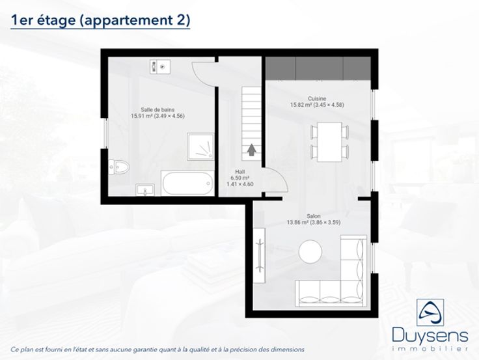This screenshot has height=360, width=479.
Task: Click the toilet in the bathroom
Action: click(119, 167)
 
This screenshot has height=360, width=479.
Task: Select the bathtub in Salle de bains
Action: click(187, 184)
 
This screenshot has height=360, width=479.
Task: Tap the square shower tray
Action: click(200, 146)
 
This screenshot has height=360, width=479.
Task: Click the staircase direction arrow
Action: click(251, 150)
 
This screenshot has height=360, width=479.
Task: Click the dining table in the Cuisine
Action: click(329, 142)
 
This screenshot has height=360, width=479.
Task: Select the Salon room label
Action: click(314, 216)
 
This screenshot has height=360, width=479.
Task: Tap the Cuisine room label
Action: click(317, 98)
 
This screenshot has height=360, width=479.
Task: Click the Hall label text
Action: click(239, 172)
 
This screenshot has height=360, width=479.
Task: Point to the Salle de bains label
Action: click(157, 109)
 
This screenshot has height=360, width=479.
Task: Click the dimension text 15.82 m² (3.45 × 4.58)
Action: click(317, 105)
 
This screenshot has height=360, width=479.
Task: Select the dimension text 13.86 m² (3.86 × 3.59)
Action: click(314, 222)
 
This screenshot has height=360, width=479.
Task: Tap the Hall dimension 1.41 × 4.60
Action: click(239, 184)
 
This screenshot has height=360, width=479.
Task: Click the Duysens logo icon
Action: click(430, 312)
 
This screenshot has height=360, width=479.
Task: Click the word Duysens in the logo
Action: click(430, 336)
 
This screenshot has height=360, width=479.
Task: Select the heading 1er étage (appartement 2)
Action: click(100, 20)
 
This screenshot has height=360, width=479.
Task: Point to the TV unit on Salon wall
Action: click(260, 255)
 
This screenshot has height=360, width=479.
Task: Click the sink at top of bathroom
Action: click(160, 66)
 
